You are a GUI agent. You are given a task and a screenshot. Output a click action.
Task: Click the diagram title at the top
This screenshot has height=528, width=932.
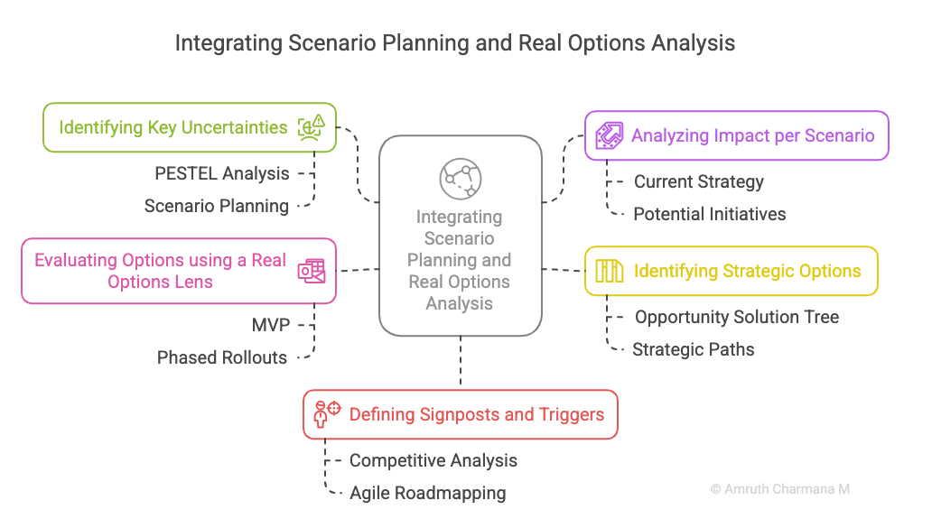454,43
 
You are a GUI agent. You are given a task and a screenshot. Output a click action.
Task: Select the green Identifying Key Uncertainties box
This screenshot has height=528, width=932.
190,127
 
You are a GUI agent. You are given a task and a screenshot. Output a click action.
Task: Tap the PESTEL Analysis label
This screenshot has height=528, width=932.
221,173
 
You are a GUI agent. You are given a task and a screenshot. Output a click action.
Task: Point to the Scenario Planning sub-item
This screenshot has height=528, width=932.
217,206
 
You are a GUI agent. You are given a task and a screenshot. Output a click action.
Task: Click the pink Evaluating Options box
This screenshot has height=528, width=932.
179,271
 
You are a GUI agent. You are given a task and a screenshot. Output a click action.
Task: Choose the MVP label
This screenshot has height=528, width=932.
270,325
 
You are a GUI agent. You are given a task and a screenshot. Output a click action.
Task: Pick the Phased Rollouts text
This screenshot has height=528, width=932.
221,357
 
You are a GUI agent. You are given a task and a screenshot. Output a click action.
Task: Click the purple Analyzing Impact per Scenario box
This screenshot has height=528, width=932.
736,135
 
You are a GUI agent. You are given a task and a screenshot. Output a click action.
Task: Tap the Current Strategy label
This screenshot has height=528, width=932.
698,181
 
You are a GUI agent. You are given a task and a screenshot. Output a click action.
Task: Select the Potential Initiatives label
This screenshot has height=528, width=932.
710,214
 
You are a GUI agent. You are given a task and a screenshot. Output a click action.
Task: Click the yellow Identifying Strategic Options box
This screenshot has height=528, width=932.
732,271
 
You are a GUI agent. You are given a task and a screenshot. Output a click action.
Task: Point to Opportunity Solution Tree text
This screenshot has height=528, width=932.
737,317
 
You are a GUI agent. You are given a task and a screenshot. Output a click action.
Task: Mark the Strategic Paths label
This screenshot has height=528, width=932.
693,349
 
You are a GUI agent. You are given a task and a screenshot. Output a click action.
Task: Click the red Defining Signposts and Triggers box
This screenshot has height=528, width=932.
461,414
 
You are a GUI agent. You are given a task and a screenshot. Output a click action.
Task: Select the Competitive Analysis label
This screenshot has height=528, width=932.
433,460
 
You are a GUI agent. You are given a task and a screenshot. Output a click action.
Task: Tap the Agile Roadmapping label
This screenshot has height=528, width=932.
428,493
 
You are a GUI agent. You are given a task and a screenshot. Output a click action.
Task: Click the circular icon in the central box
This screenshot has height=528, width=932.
461,179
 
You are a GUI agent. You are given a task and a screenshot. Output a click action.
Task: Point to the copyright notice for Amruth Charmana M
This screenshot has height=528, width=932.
780,489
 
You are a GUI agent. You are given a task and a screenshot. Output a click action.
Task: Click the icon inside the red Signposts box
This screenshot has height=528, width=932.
327,414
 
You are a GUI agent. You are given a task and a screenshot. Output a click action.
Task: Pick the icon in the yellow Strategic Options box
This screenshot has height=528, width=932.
610,271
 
